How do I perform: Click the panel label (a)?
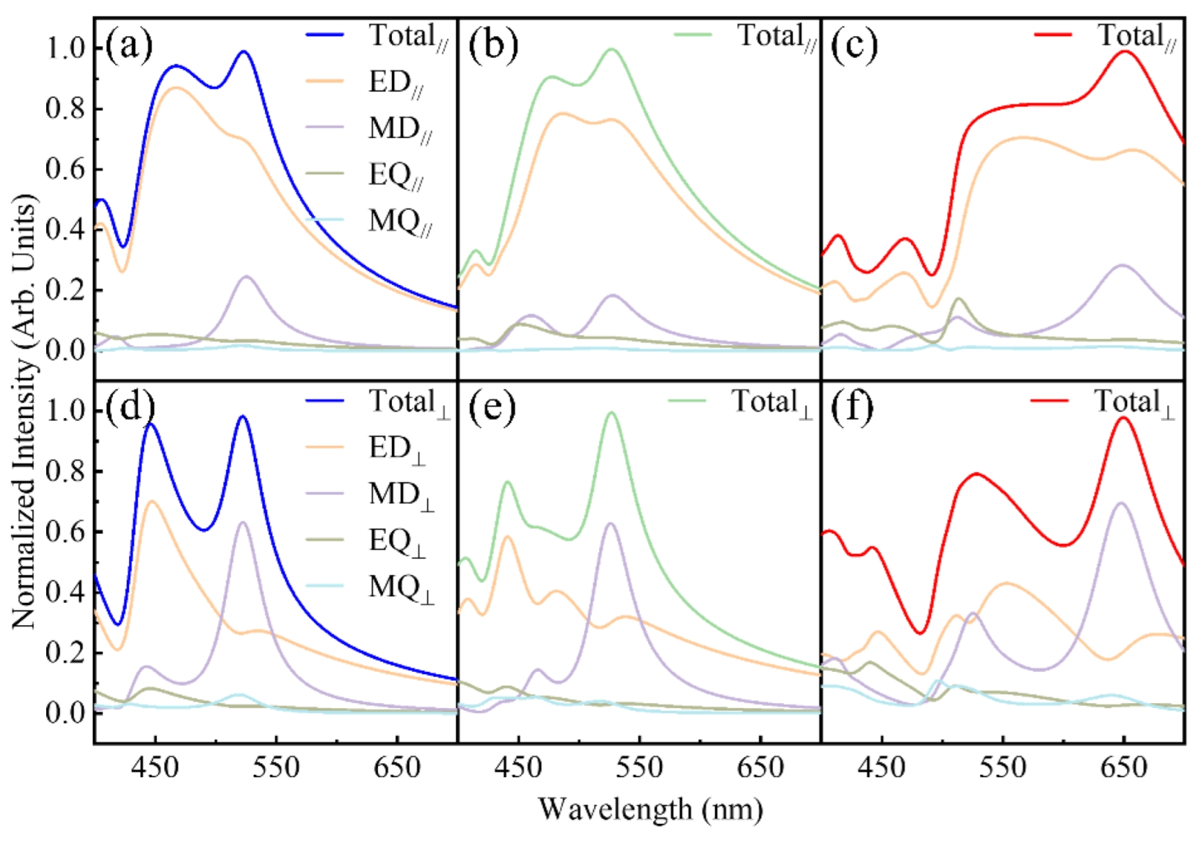(x=129, y=46)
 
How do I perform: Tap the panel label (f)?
(x=852, y=408)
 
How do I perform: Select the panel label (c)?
(x=853, y=46)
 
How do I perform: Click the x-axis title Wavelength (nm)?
(x=650, y=809)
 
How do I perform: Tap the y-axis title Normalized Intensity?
(x=23, y=410)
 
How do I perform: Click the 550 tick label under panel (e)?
(x=639, y=768)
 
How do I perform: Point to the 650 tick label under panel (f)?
(x=1123, y=768)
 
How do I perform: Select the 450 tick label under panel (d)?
(x=155, y=768)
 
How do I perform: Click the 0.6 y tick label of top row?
(x=65, y=169)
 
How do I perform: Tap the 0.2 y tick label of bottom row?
(x=65, y=653)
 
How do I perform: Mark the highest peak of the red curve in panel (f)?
(x=1123, y=417)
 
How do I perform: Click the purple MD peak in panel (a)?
(x=247, y=276)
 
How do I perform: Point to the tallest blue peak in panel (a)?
(x=244, y=52)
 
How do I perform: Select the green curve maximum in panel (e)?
(x=612, y=412)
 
